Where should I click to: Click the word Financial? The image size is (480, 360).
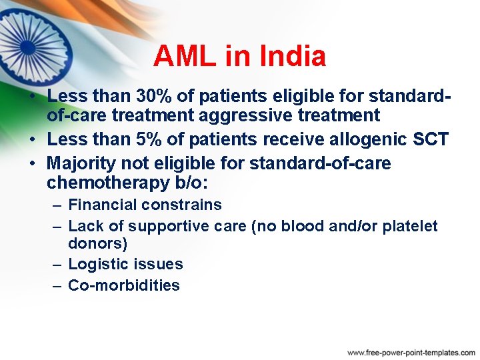[x=101, y=205]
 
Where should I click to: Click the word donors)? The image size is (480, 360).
[x=97, y=243]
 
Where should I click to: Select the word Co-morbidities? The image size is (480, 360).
[x=124, y=285]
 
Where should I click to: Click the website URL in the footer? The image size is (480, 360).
[x=411, y=351]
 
